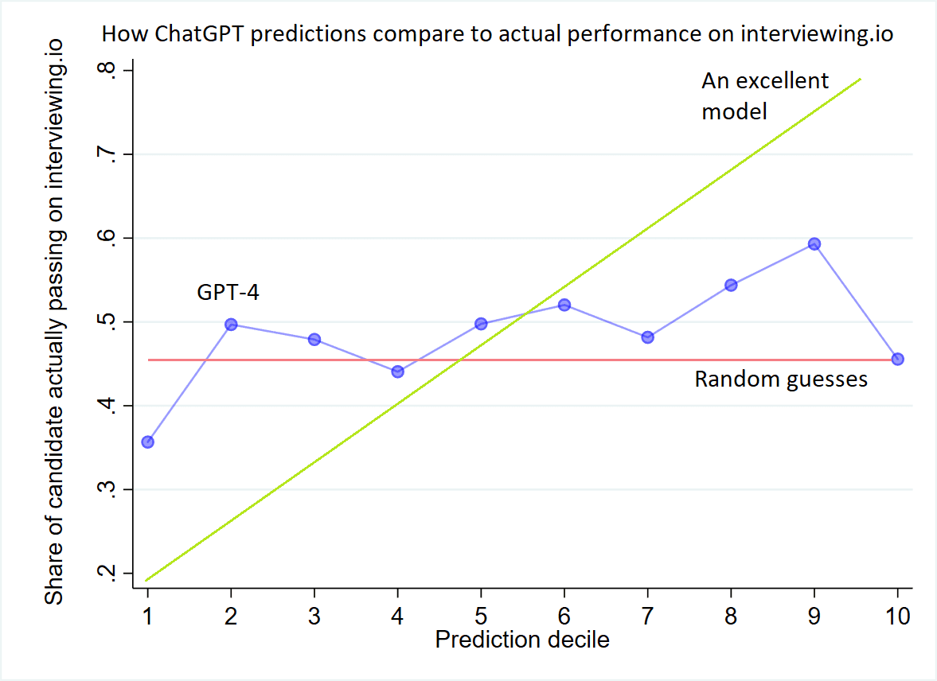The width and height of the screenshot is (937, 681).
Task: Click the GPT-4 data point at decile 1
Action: click(x=147, y=442)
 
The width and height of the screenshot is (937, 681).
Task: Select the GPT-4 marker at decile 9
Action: click(x=814, y=243)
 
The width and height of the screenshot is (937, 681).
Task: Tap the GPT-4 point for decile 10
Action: click(x=898, y=359)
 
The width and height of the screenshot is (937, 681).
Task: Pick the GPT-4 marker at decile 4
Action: click(x=398, y=372)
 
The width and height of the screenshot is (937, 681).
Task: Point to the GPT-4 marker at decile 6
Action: click(x=564, y=305)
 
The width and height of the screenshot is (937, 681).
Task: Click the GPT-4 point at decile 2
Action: click(x=231, y=324)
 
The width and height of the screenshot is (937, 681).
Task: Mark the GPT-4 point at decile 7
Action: click(x=647, y=337)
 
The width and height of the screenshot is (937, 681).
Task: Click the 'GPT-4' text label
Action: click(x=228, y=293)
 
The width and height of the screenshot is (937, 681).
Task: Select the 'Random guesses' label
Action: click(x=781, y=379)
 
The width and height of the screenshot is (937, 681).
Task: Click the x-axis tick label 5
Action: click(x=481, y=616)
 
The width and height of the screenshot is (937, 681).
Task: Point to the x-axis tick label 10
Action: click(x=898, y=616)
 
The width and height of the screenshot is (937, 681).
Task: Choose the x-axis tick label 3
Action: click(x=314, y=616)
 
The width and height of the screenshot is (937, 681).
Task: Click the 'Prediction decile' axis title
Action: click(x=522, y=639)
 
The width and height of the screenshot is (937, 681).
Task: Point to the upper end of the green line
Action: click(x=860, y=79)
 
